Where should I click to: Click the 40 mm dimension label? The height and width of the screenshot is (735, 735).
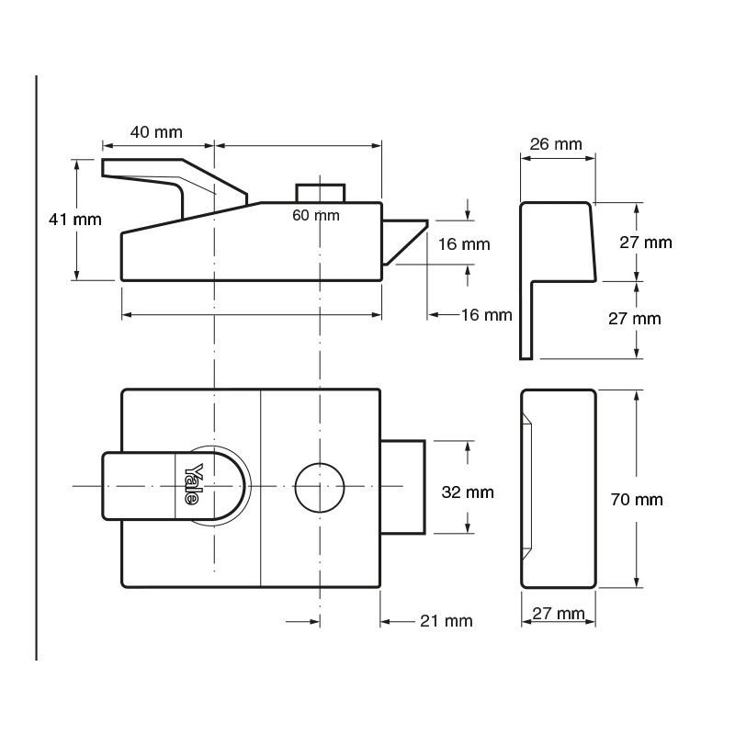pos(156,131)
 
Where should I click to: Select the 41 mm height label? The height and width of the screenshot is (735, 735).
pos(74,219)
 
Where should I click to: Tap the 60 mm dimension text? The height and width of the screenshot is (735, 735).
pos(315,215)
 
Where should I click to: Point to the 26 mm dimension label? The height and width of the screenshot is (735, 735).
pos(557,144)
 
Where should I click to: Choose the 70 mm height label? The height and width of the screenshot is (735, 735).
pos(637,500)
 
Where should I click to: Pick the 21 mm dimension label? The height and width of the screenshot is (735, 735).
pos(446,621)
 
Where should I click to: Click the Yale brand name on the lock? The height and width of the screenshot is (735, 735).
pos(193,484)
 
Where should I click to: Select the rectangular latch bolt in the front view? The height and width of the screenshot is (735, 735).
pos(403,485)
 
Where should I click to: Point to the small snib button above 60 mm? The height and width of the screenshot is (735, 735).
pos(320,192)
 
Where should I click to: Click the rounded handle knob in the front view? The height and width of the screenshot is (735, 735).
pos(175,487)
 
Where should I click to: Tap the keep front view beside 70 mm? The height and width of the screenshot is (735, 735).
pos(559,488)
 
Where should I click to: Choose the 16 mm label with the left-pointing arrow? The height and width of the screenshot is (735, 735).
pos(485,315)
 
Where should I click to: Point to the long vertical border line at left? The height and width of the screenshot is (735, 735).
pos(37,367)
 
